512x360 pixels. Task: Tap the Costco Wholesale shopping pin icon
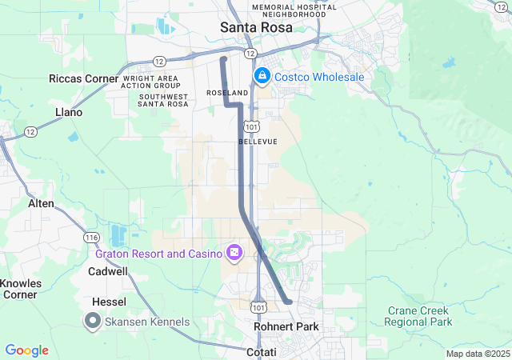pyautogui.click(x=262, y=76)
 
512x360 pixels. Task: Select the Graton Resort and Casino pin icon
pyautogui.click(x=234, y=254)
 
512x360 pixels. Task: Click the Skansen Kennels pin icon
pyautogui.click(x=93, y=322)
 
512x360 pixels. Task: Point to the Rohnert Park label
pyautogui.click(x=286, y=326)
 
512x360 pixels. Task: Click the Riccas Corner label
pyautogui.click(x=83, y=78)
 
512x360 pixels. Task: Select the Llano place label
pyautogui.click(x=69, y=112)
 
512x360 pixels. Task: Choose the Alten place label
pyautogui.click(x=41, y=204)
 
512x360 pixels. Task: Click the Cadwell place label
pyautogui.click(x=107, y=271)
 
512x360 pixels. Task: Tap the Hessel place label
pyautogui.click(x=109, y=302)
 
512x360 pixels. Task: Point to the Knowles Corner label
pyautogui.click(x=20, y=289)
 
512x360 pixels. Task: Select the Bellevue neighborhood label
pyautogui.click(x=258, y=142)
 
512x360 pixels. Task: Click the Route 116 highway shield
pyautogui.click(x=91, y=238)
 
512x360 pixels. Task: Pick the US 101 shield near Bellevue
pyautogui.click(x=252, y=126)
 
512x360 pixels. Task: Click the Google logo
pyautogui.click(x=26, y=350)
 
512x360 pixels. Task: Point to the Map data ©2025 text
pyautogui.click(x=477, y=354)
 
